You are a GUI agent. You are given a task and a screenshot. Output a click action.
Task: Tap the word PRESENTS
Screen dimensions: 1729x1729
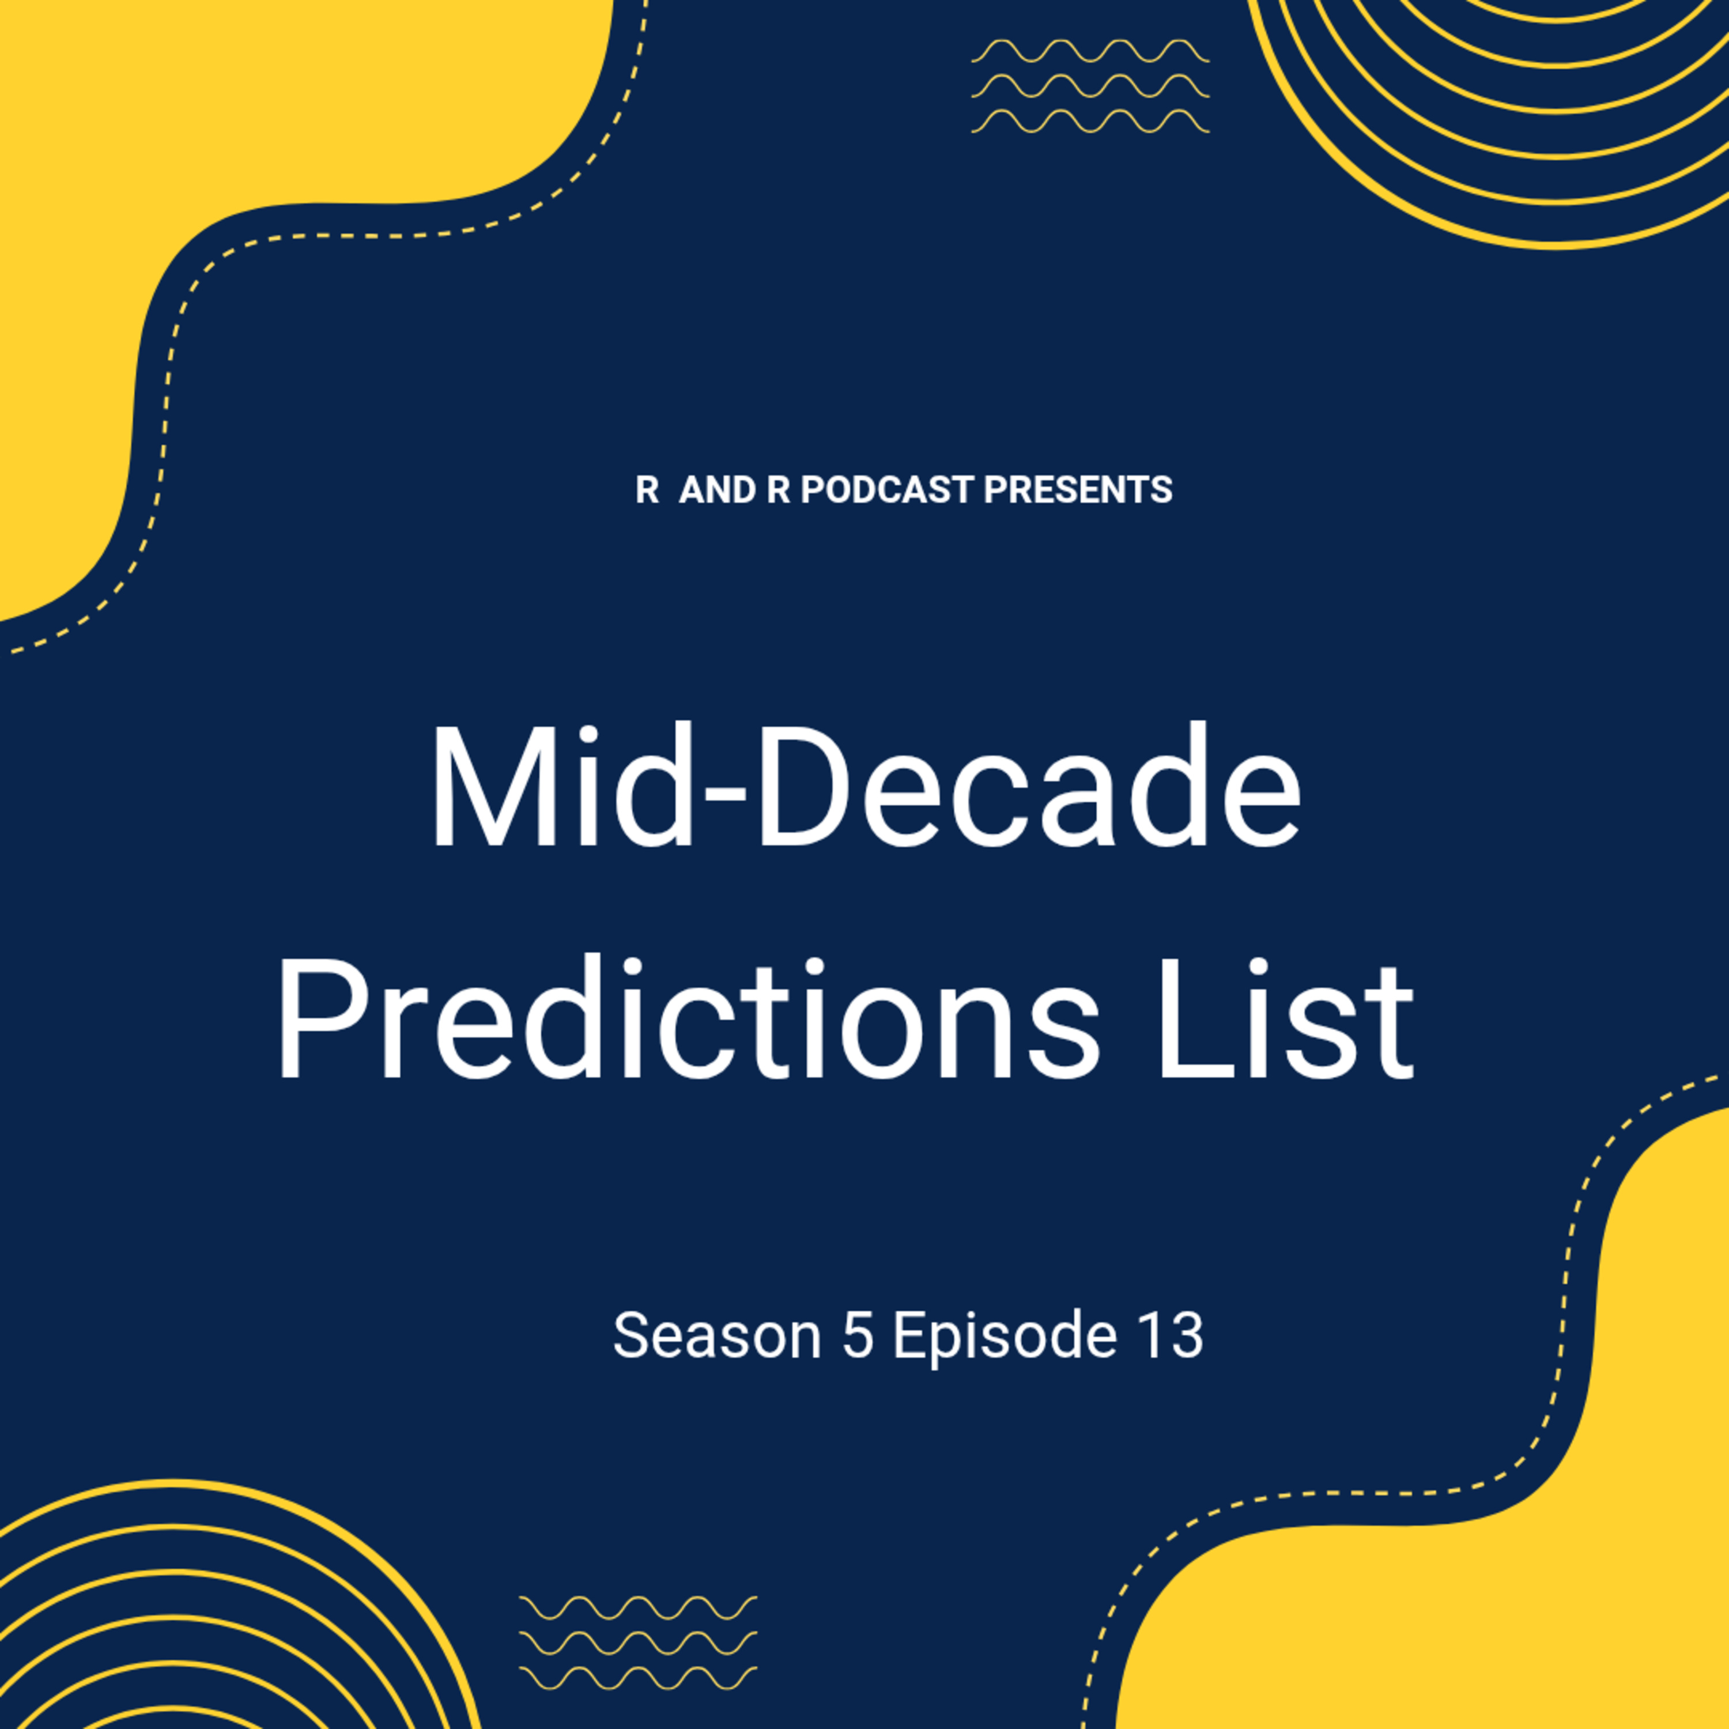pyautogui.click(x=1078, y=489)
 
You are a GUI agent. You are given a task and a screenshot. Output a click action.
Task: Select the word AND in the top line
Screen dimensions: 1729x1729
pyautogui.click(x=718, y=489)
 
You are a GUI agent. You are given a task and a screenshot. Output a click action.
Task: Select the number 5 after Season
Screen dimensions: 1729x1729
pyautogui.click(x=858, y=1336)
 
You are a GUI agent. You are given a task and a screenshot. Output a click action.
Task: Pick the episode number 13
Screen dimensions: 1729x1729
pyautogui.click(x=1171, y=1336)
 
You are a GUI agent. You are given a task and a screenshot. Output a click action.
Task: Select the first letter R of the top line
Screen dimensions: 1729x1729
pyautogui.click(x=647, y=489)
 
